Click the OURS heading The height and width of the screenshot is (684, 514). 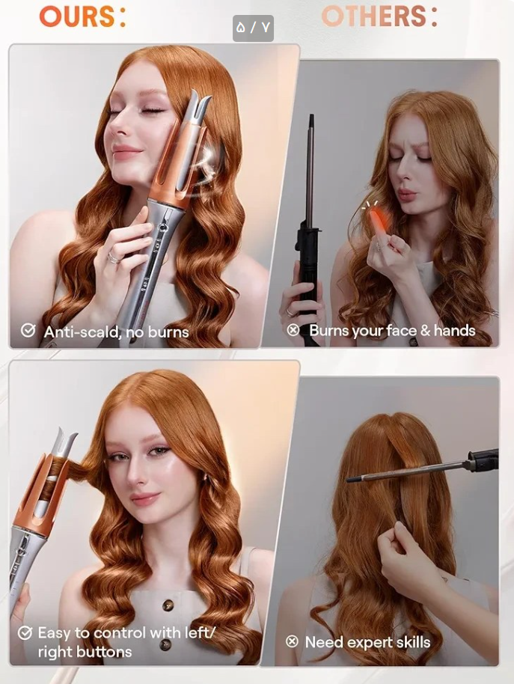pos(82,16)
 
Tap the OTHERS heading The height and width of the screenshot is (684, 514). pos(379,16)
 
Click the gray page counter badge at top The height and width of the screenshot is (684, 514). pos(253,28)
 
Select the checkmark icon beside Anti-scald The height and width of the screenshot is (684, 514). pos(28,330)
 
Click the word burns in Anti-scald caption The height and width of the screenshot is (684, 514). pos(168,332)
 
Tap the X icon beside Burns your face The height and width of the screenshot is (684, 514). pos(293,330)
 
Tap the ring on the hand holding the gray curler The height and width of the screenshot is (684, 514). pos(113,257)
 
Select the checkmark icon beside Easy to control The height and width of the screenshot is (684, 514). pos(25,632)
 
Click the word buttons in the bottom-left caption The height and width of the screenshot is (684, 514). pos(106,652)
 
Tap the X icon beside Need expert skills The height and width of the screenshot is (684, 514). pos(292,641)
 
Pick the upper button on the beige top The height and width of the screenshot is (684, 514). pos(168,605)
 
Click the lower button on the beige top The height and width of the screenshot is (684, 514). pos(165,645)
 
